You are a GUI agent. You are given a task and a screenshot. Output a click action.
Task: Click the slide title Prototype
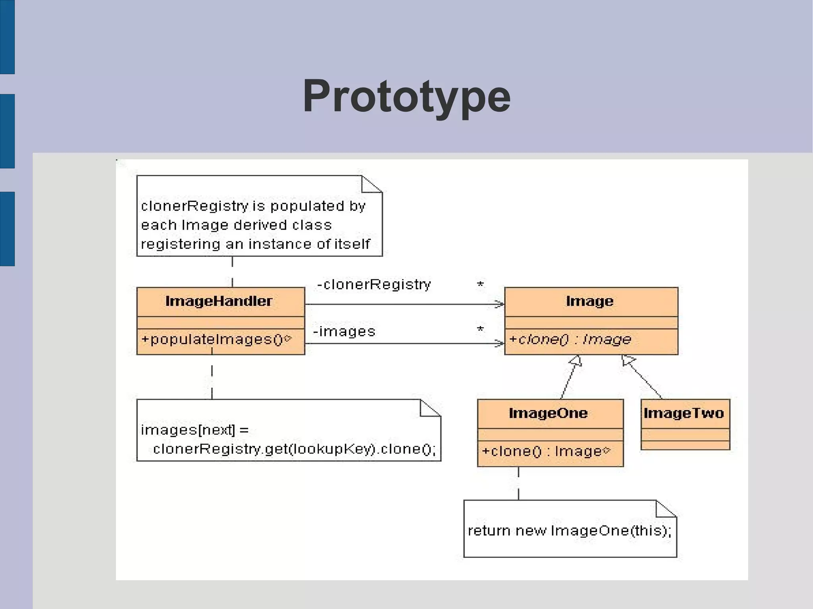(x=406, y=96)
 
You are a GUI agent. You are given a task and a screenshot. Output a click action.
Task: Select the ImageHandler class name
(x=219, y=301)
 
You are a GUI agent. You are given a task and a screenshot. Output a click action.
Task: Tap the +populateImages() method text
(x=216, y=340)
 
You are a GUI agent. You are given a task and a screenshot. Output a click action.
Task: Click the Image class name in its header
(x=590, y=301)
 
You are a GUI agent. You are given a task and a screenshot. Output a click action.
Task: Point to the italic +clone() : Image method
(x=570, y=339)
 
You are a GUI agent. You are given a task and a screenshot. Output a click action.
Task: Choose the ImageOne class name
(x=548, y=413)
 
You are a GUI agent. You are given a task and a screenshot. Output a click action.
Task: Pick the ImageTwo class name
(x=684, y=413)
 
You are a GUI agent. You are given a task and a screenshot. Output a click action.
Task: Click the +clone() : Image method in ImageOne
(x=545, y=451)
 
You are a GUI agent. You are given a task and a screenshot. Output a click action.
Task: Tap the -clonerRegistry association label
(x=374, y=284)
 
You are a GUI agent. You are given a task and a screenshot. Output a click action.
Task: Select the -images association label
(x=344, y=331)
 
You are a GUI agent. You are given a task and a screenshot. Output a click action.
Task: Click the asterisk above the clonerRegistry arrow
(x=480, y=285)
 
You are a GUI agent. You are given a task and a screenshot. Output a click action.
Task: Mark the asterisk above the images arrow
(x=480, y=330)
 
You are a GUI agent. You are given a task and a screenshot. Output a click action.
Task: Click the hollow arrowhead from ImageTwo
(x=628, y=360)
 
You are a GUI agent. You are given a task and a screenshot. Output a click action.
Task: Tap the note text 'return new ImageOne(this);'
(x=570, y=530)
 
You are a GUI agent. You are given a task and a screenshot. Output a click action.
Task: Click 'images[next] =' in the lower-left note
(x=195, y=430)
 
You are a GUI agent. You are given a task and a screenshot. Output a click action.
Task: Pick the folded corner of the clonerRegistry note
(x=371, y=184)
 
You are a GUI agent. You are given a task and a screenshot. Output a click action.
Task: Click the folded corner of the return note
(x=665, y=509)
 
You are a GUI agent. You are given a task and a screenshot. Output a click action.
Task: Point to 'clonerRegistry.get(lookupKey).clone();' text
(x=294, y=449)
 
